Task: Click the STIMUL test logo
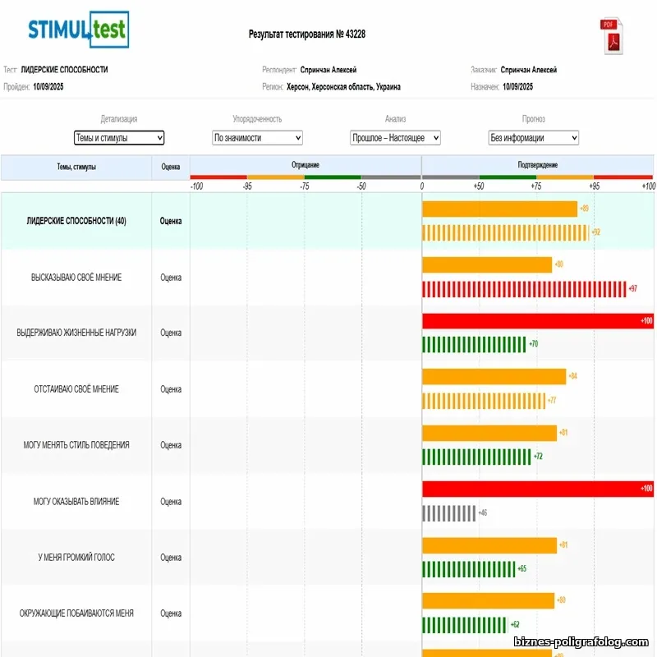(78, 30)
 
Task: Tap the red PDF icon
(613, 37)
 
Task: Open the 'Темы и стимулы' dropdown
(119, 138)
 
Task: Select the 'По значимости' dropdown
(257, 138)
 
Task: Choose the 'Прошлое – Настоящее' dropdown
(395, 138)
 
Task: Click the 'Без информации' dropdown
(533, 138)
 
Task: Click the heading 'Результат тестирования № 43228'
(307, 34)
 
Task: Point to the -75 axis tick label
(305, 186)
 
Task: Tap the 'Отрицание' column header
(306, 165)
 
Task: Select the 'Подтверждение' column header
(537, 165)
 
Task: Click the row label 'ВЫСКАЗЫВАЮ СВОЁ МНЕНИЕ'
(76, 278)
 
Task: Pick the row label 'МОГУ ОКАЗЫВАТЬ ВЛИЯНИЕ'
(76, 501)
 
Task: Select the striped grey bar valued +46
(448, 512)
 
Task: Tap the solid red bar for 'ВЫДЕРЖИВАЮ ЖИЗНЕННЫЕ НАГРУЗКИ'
(537, 321)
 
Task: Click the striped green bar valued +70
(473, 344)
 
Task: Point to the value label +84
(573, 376)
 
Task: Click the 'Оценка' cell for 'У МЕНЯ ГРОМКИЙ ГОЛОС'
(171, 558)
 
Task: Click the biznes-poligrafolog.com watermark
(582, 641)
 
